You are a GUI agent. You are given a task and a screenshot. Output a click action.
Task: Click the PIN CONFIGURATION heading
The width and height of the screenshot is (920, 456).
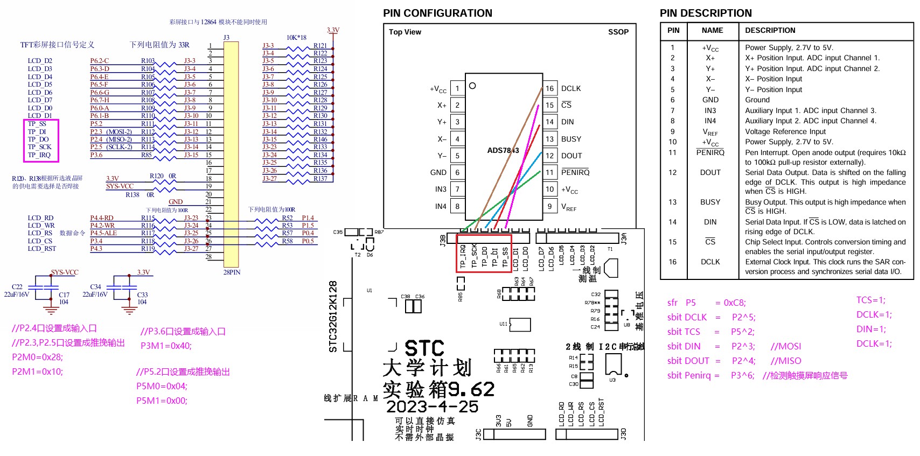click(437, 13)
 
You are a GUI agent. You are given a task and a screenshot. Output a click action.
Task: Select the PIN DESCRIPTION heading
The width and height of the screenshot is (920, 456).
click(706, 13)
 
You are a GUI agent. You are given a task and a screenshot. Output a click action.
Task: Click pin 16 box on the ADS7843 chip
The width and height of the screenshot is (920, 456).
click(549, 88)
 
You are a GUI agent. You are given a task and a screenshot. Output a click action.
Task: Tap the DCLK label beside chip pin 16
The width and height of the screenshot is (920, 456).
click(571, 88)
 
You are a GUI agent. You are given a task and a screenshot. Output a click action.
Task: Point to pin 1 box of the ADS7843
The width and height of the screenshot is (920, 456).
click(457, 88)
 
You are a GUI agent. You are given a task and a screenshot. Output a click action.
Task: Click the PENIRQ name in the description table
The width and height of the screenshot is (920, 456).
click(710, 152)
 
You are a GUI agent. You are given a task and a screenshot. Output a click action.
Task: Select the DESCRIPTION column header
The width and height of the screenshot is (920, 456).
click(770, 31)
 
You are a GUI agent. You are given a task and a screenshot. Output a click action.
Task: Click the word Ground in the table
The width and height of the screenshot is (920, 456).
click(757, 100)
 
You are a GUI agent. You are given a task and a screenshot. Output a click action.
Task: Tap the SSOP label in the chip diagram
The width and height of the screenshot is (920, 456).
click(618, 32)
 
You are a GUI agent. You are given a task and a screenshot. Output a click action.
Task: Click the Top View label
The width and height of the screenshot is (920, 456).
click(405, 32)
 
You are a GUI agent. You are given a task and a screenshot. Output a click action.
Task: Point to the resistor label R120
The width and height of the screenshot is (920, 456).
click(156, 176)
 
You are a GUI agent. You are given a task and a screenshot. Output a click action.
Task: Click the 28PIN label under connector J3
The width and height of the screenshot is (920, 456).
click(232, 272)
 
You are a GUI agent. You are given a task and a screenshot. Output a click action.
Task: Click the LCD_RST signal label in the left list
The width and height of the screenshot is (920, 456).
click(41, 249)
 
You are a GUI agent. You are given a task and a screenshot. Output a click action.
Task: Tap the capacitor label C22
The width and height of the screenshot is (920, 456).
click(17, 287)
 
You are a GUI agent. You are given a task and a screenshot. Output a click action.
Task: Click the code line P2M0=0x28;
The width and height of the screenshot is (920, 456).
click(37, 357)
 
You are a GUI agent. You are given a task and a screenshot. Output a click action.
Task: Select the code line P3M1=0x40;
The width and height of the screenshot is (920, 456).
click(166, 346)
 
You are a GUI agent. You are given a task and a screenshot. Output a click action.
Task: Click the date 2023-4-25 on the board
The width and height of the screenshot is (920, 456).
click(432, 406)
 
